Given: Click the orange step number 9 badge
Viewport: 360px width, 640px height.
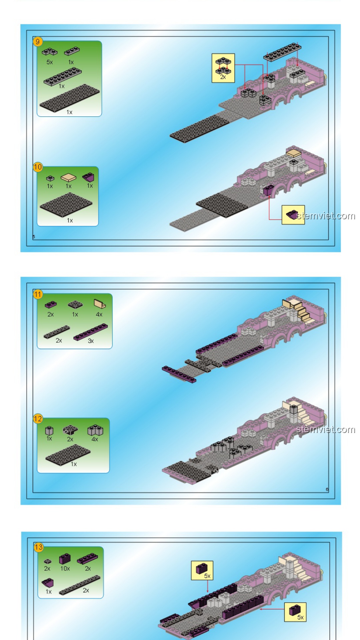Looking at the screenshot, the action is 38,42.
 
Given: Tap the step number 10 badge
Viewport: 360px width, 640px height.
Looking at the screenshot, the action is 38,167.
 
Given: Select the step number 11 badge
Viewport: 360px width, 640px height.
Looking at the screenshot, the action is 38,294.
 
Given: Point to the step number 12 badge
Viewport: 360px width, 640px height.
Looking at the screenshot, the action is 38,419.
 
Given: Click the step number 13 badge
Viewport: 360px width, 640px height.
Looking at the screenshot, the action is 39,547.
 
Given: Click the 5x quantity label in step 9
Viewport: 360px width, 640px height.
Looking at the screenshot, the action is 50,62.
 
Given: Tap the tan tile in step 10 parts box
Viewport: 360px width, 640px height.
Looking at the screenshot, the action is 68,177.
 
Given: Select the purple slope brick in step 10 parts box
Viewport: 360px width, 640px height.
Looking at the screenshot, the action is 89,177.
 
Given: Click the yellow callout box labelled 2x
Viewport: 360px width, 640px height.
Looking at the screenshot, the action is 223,68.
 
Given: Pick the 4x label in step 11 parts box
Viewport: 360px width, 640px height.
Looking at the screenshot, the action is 99,314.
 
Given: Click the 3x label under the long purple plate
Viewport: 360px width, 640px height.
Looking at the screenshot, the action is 91,341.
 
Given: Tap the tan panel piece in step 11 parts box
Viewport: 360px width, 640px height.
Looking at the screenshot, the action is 100,304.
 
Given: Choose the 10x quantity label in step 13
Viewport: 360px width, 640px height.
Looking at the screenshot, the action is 65,568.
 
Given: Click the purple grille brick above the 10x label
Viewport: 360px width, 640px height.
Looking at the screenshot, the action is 65,559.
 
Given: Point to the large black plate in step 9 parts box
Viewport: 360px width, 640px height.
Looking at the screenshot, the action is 69,98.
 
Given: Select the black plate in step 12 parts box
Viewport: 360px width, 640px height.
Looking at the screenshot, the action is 68,454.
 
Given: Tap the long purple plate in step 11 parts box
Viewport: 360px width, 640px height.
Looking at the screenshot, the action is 91,332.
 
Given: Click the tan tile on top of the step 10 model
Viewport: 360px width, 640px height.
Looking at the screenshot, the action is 294,153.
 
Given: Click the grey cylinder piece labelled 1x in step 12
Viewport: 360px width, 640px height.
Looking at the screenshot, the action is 49,430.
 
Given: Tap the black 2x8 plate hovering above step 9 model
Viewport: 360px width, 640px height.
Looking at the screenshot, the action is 282,52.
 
